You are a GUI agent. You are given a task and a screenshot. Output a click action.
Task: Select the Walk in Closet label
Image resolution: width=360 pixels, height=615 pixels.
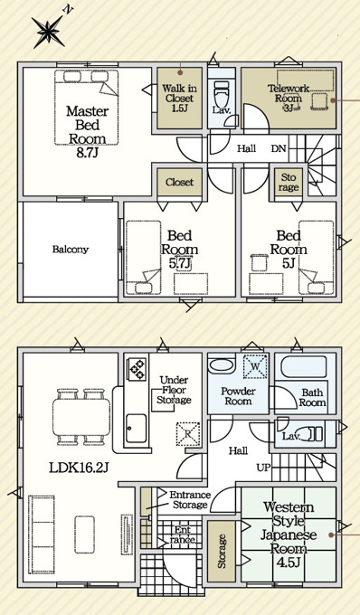tap(180, 98)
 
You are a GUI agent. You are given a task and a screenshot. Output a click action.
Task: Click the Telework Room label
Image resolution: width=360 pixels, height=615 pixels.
tap(289, 98)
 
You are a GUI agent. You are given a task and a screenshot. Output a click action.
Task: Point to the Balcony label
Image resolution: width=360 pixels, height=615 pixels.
tap(71, 249)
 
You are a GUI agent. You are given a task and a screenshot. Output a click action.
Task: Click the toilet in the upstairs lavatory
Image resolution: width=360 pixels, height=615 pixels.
tap(221, 94)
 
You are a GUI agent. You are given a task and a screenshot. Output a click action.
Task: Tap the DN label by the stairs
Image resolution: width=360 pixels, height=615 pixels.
tap(279, 148)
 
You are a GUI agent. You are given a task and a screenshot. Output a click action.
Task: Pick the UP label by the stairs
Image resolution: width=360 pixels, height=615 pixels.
tap(262, 468)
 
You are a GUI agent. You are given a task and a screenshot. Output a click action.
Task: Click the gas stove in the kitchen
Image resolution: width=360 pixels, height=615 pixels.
tap(137, 369)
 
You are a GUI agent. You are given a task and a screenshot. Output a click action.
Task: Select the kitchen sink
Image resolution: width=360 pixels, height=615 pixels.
tap(136, 428)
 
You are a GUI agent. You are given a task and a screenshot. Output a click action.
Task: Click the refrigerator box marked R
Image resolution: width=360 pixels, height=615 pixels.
tap(188, 434)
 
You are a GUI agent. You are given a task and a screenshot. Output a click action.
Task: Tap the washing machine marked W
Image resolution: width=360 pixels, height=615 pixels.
tap(255, 366)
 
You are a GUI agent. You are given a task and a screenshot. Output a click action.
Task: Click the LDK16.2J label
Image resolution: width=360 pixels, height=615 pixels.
tap(79, 468)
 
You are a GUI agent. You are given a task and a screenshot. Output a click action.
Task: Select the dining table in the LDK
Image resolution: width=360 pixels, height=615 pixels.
tap(81, 417)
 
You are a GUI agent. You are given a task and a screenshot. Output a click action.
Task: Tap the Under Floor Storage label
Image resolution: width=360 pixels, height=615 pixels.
tap(174, 390)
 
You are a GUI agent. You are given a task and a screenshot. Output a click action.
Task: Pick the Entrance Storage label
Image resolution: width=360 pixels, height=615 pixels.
tap(190, 499)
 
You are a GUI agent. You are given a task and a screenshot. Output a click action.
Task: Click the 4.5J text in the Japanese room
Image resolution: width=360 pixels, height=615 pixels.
tap(289, 563)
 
